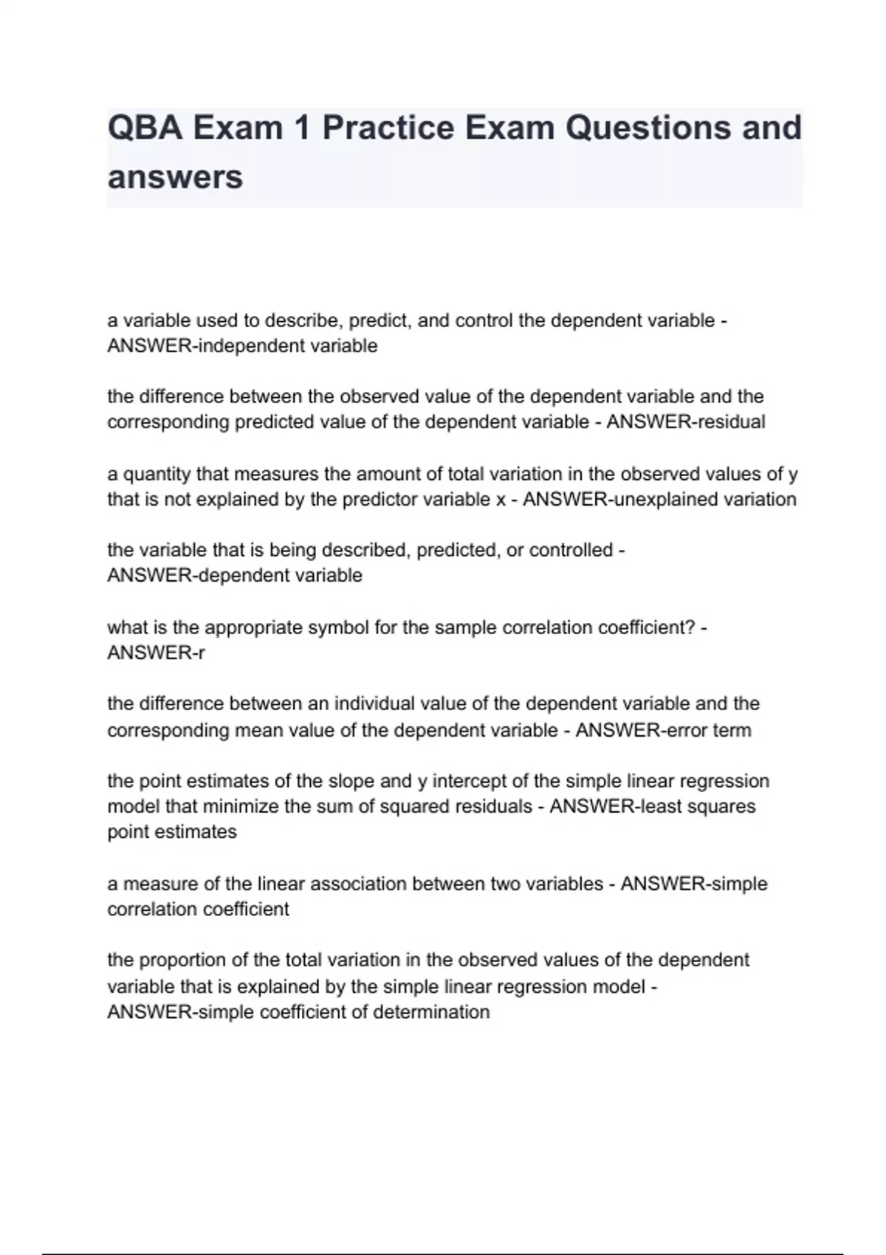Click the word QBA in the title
click(145, 128)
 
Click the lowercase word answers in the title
click(175, 177)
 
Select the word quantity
click(157, 474)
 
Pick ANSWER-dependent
click(196, 576)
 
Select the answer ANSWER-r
click(156, 653)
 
